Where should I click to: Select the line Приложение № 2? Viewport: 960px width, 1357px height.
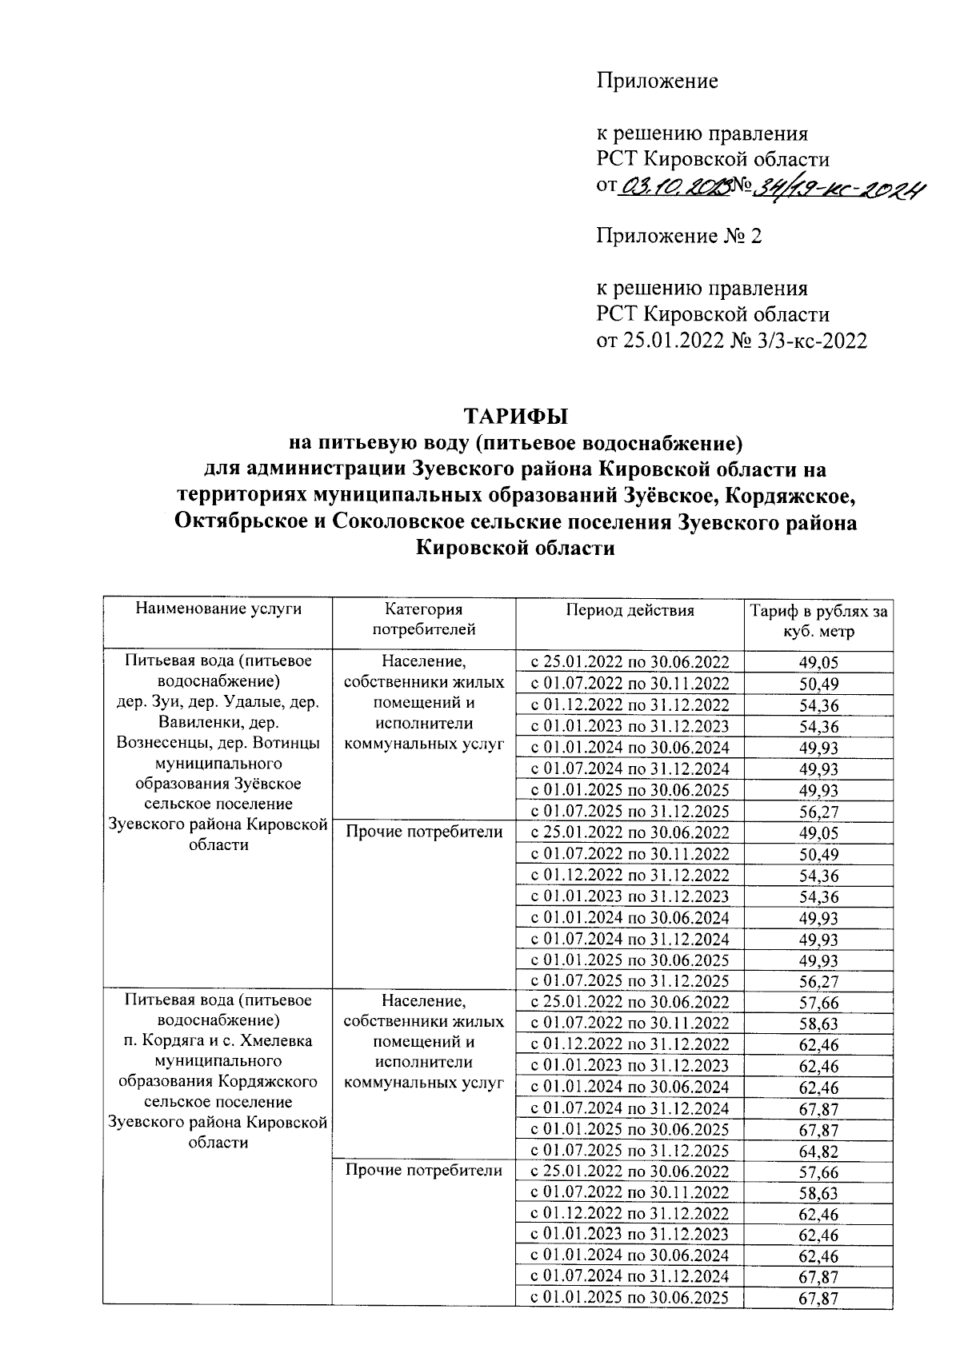679,236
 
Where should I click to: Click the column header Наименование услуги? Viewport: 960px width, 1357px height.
218,609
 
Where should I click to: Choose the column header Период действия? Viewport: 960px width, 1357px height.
630,611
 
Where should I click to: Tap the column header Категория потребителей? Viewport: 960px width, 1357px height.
424,620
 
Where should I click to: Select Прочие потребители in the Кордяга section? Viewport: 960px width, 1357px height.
424,1171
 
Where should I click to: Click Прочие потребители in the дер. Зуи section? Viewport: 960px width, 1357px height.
424,832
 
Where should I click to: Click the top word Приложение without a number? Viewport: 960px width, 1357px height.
657,81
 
